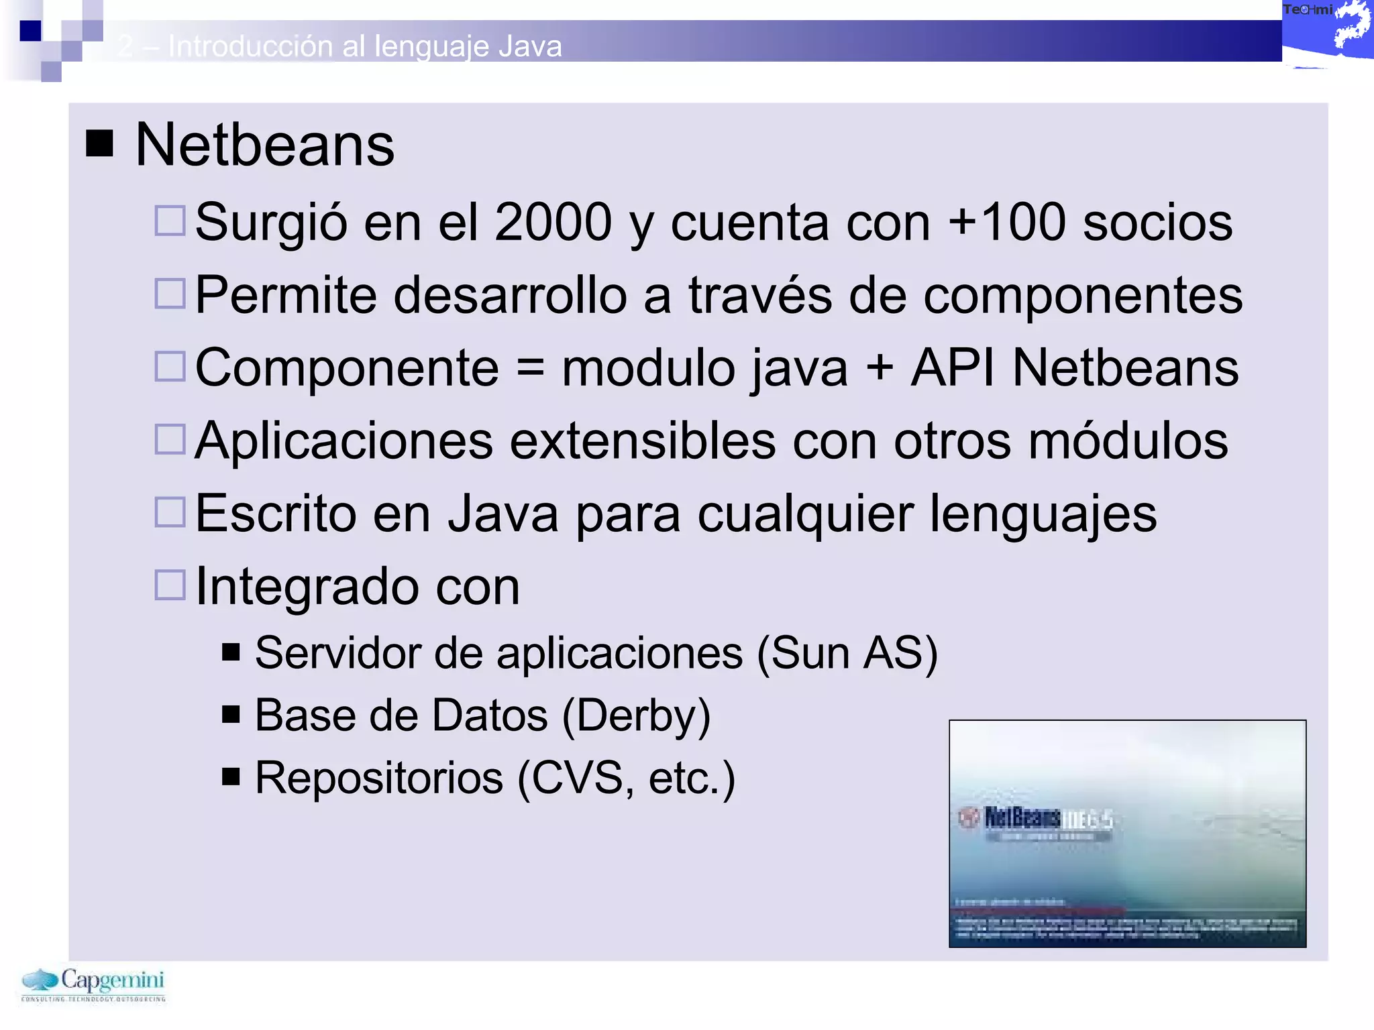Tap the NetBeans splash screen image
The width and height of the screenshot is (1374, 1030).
1127,834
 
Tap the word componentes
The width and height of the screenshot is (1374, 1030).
1083,295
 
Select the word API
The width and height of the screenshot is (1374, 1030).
953,367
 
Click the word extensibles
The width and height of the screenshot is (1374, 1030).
643,441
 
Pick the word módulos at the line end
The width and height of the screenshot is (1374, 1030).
1128,441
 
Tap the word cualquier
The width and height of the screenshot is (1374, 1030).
806,514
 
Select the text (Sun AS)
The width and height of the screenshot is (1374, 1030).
847,653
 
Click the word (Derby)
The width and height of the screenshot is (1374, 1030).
636,716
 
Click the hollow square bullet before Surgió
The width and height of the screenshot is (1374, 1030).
170,221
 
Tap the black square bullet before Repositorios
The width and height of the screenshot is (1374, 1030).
231,777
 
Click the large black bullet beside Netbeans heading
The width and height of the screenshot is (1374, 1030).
99,143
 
